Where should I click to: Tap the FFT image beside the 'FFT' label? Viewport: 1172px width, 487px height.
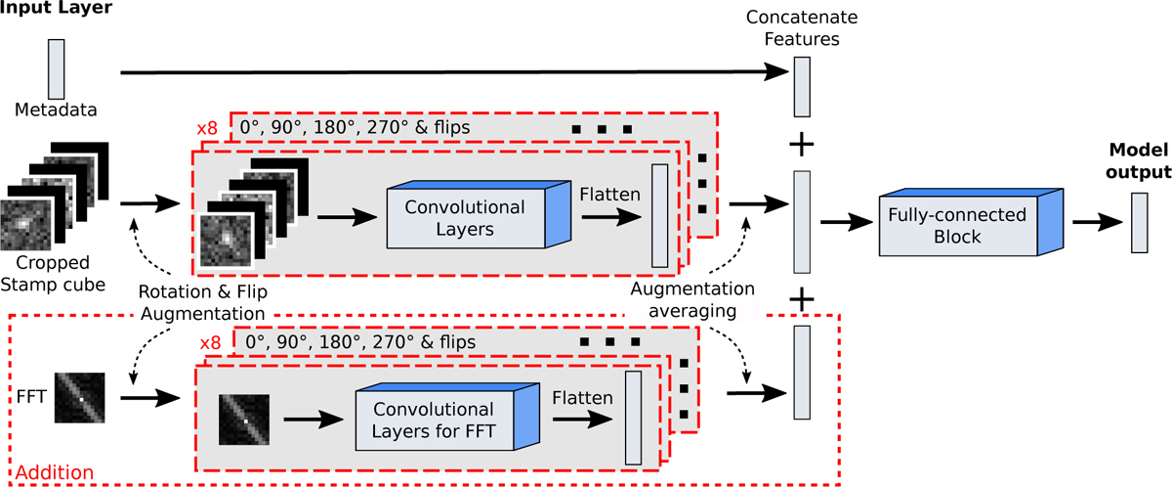[80, 398]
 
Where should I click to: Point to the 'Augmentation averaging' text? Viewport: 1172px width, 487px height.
[691, 298]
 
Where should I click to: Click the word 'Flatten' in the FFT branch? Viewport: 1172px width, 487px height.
[581, 398]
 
